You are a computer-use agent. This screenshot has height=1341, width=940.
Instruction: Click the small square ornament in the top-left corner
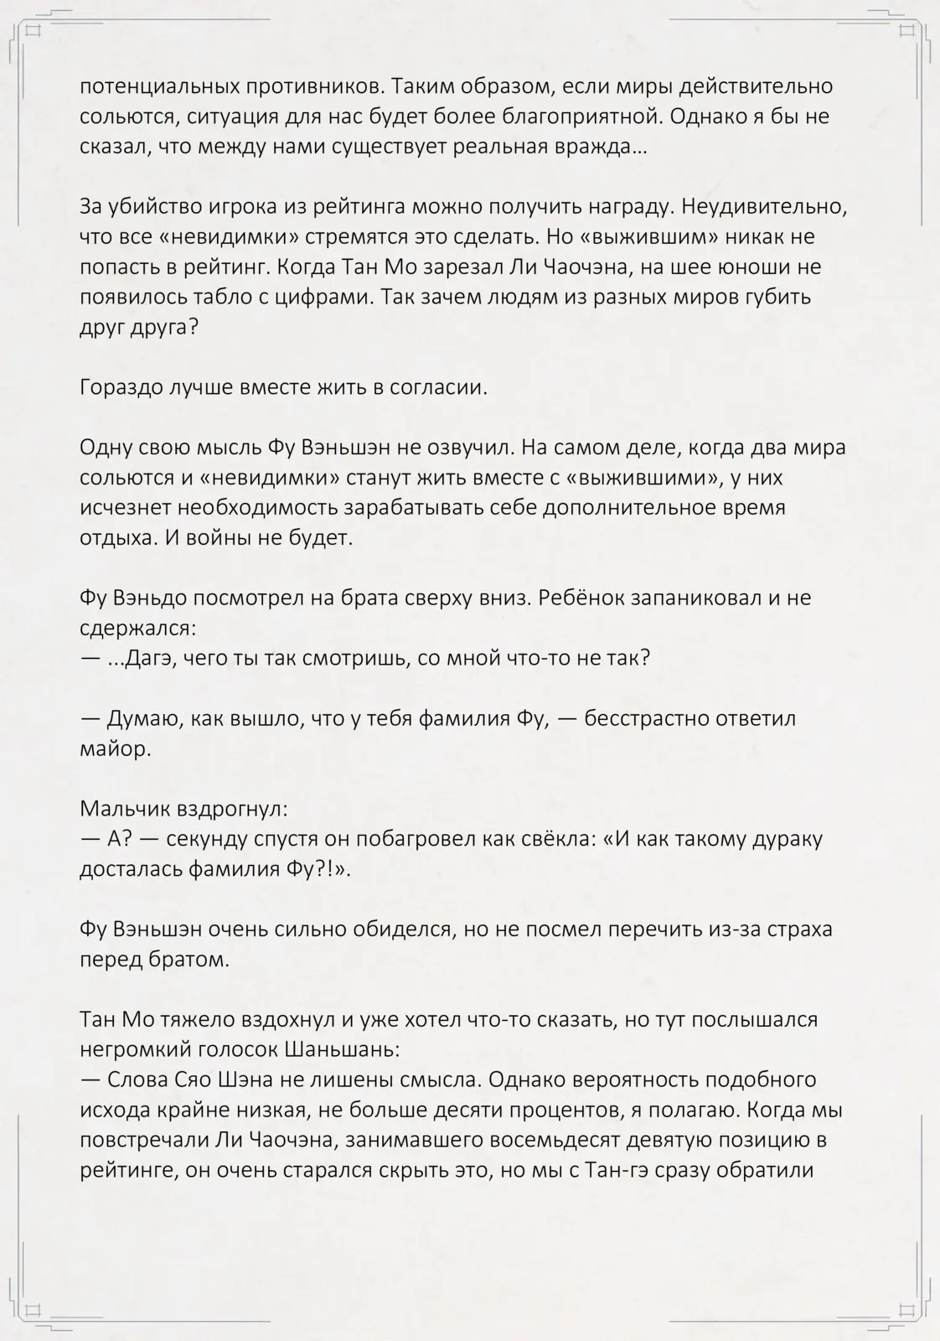[x=34, y=32]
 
